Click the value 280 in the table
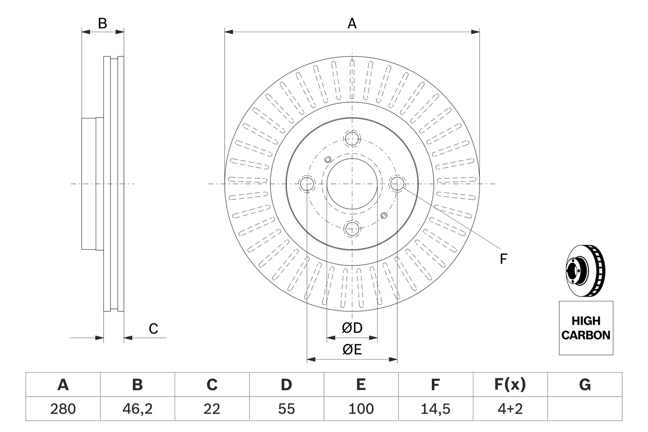[x=63, y=409]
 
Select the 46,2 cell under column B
[x=137, y=409]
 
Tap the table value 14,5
[x=435, y=409]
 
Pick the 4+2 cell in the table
[x=510, y=409]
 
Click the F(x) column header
[x=510, y=385]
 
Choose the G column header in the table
[x=585, y=385]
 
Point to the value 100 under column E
[x=360, y=409]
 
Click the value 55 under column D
[x=286, y=409]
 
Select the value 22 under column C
[x=212, y=409]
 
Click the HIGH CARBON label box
[x=586, y=328]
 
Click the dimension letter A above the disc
[x=352, y=23]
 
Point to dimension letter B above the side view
[x=102, y=23]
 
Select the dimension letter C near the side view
[x=153, y=329]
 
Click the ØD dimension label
[x=352, y=328]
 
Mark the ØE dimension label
[x=352, y=350]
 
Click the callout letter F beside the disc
[x=503, y=259]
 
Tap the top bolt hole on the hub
[x=352, y=138]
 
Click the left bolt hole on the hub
[x=307, y=184]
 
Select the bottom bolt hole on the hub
[x=352, y=228]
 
